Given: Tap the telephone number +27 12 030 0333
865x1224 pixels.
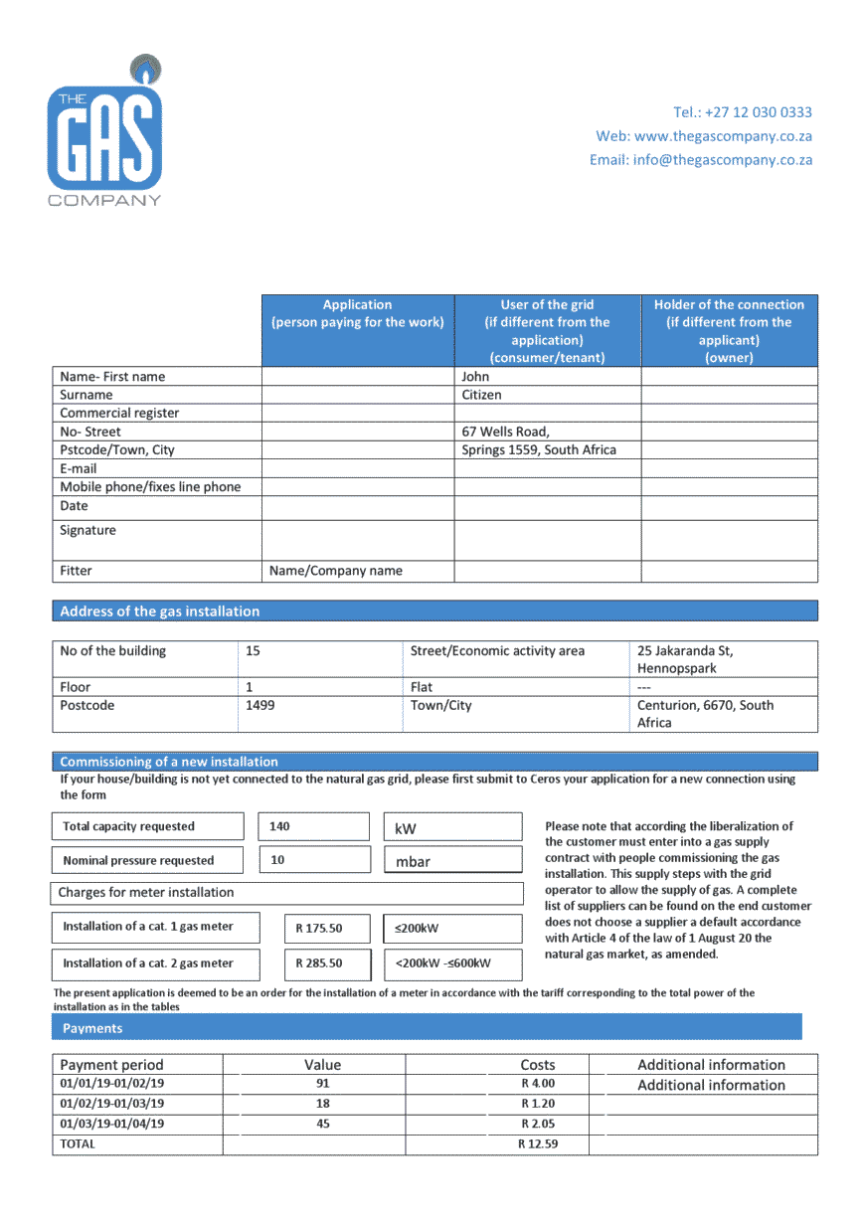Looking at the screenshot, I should (x=742, y=112).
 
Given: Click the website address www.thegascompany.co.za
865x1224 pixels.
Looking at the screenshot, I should (x=704, y=136).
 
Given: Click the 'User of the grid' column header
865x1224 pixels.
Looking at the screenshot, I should (x=547, y=330).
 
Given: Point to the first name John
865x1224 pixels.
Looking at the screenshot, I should (x=476, y=377).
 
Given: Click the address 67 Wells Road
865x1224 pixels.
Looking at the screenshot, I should (x=505, y=432).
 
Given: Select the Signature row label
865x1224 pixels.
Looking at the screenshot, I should (x=87, y=531).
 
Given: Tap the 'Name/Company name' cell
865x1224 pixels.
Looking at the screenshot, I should (x=336, y=571).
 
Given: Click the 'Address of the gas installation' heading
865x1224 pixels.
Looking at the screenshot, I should (x=160, y=612).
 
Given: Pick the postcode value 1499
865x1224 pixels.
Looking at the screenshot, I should (x=260, y=705).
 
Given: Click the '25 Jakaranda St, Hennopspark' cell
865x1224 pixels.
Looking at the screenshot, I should (x=685, y=659).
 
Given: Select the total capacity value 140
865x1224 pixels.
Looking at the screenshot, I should (x=279, y=826).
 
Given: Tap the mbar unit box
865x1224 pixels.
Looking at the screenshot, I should (x=414, y=861).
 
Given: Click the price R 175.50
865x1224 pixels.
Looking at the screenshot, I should (x=319, y=929).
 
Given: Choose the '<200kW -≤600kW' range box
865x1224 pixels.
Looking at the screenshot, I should (x=443, y=963).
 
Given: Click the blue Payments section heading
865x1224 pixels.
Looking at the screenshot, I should (x=92, y=1028).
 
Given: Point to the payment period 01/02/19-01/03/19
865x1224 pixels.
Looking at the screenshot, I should (x=112, y=1104).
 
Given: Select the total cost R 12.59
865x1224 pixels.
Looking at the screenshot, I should (x=538, y=1144).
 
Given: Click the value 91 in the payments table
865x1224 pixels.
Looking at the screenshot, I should (x=322, y=1084).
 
